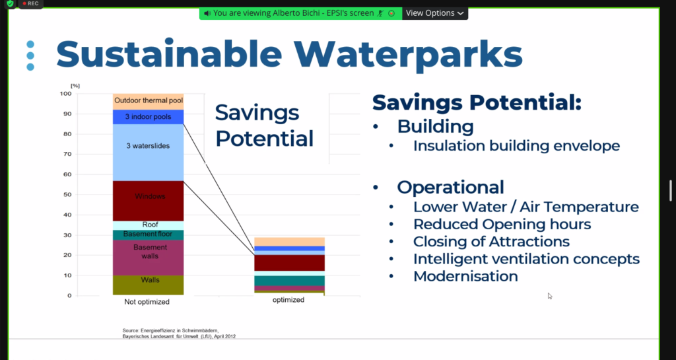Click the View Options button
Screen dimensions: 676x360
(x=434, y=13)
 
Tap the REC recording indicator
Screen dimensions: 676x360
(x=30, y=3)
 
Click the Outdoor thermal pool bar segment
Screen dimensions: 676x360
(x=149, y=101)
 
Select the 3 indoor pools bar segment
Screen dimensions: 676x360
(x=149, y=117)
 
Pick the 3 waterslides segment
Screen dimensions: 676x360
(x=149, y=152)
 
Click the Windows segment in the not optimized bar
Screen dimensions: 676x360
(x=149, y=201)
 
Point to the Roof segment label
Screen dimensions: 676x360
(x=150, y=225)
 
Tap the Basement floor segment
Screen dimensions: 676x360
(x=149, y=235)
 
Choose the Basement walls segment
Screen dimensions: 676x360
(x=149, y=258)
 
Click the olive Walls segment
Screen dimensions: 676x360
(x=149, y=285)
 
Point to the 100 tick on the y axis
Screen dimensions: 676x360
(x=65, y=94)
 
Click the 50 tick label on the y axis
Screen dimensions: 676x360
(x=68, y=194)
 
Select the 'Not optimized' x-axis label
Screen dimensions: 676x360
(x=147, y=302)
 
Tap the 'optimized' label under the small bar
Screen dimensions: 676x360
(x=288, y=300)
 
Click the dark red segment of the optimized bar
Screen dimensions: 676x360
(x=289, y=263)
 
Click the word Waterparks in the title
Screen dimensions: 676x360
(x=408, y=54)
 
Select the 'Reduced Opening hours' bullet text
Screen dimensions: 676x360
(x=502, y=224)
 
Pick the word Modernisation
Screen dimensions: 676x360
(x=465, y=276)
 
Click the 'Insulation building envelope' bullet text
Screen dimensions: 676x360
(x=516, y=146)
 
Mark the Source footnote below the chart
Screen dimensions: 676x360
(x=179, y=334)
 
